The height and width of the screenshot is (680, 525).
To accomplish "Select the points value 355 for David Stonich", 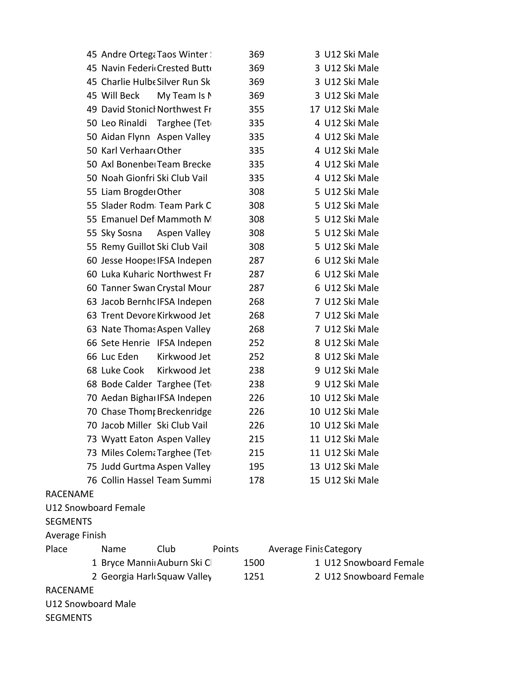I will tap(256, 109).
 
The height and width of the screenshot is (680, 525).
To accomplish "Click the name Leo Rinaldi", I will tap(124, 123).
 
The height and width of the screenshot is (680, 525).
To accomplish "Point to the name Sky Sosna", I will tap(121, 233).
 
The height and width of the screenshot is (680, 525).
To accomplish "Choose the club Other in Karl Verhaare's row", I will tap(169, 150).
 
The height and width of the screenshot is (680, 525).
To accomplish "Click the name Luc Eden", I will tap(120, 356).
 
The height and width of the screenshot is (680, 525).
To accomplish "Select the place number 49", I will tap(92, 109).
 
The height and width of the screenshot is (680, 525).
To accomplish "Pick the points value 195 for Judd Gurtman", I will tap(256, 467).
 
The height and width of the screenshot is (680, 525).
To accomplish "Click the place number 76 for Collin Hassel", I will tap(92, 480).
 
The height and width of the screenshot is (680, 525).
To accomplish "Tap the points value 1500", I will tap(254, 563).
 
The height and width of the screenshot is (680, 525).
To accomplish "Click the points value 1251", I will tap(254, 576).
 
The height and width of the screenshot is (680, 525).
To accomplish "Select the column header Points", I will tap(226, 549).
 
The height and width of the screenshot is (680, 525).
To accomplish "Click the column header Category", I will tap(343, 549).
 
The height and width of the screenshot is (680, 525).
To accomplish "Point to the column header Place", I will tap(56, 549).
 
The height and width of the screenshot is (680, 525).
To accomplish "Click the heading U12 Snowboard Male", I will tap(90, 604).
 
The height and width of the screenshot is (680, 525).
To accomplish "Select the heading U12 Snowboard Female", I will tap(95, 508).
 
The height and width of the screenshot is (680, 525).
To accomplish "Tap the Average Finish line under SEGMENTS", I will tap(76, 535).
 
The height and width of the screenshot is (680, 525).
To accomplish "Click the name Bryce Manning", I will tap(128, 563).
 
